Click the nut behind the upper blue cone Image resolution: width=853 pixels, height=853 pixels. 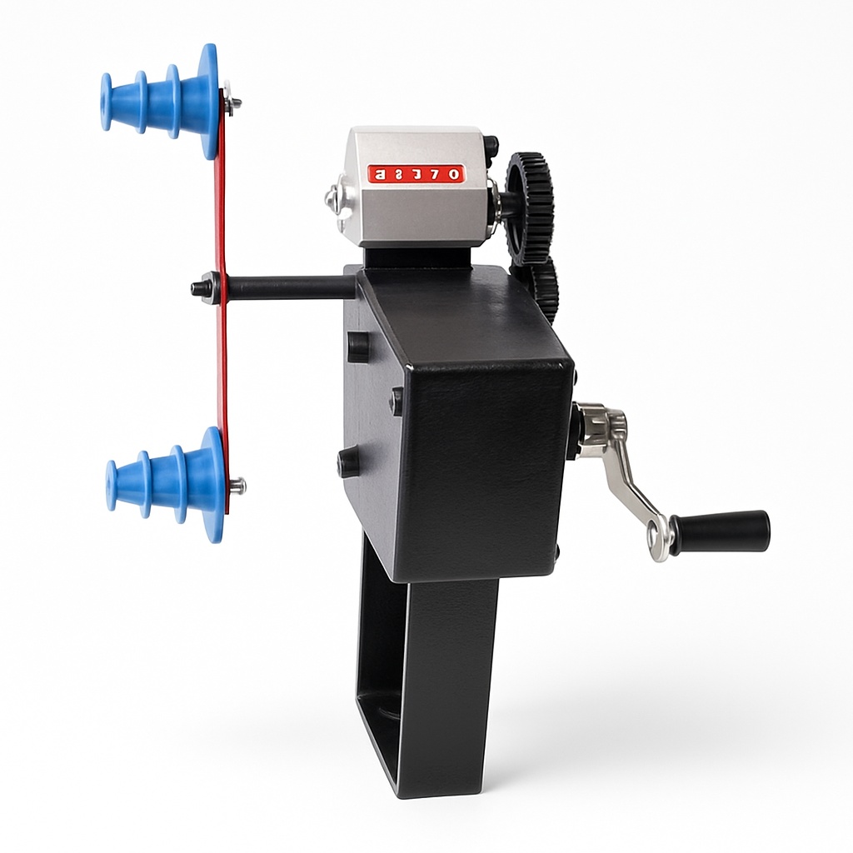(232, 103)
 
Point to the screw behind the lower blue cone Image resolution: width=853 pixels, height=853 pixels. (237, 486)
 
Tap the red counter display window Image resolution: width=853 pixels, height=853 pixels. (416, 174)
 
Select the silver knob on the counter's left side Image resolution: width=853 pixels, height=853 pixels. (334, 198)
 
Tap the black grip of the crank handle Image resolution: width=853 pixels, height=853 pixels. (721, 531)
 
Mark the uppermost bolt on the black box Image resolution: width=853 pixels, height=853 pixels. (357, 347)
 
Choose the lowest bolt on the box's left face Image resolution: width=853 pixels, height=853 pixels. (348, 461)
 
